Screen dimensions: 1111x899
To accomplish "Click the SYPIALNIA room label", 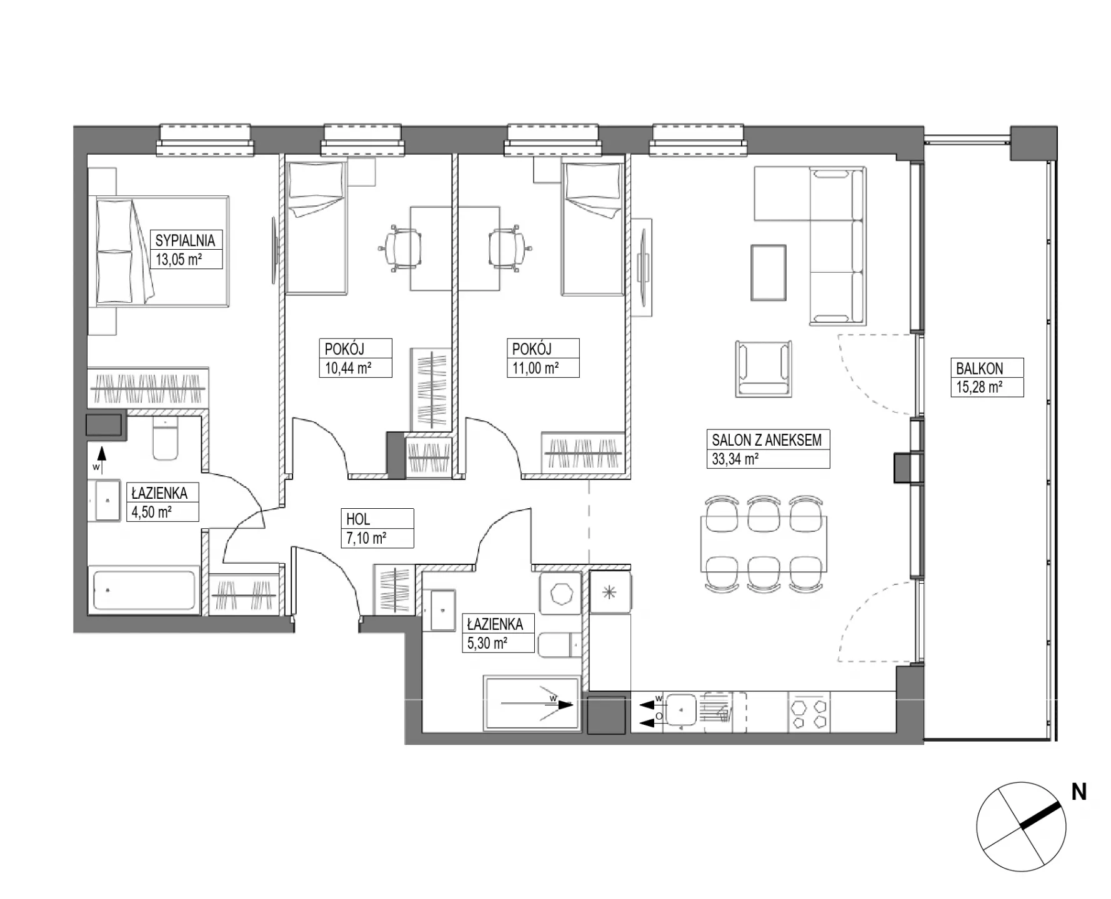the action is click(x=185, y=240).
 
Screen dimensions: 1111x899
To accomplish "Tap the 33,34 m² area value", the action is click(x=735, y=459).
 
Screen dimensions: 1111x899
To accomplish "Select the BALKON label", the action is click(x=979, y=368).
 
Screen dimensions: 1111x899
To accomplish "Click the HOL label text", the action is click(x=358, y=519).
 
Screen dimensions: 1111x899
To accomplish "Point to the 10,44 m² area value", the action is click(x=348, y=368).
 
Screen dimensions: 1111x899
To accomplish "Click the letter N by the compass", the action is click(x=1079, y=792).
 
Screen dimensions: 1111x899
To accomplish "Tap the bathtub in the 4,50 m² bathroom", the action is click(x=144, y=590).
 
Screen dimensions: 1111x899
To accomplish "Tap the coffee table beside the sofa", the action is click(x=769, y=272).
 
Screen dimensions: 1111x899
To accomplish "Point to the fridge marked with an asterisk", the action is click(x=610, y=592).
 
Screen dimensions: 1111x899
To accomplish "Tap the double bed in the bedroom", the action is click(x=162, y=251).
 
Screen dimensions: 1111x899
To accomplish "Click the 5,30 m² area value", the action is click(x=487, y=643).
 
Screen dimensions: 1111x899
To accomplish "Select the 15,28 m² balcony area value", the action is click(x=979, y=387).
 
